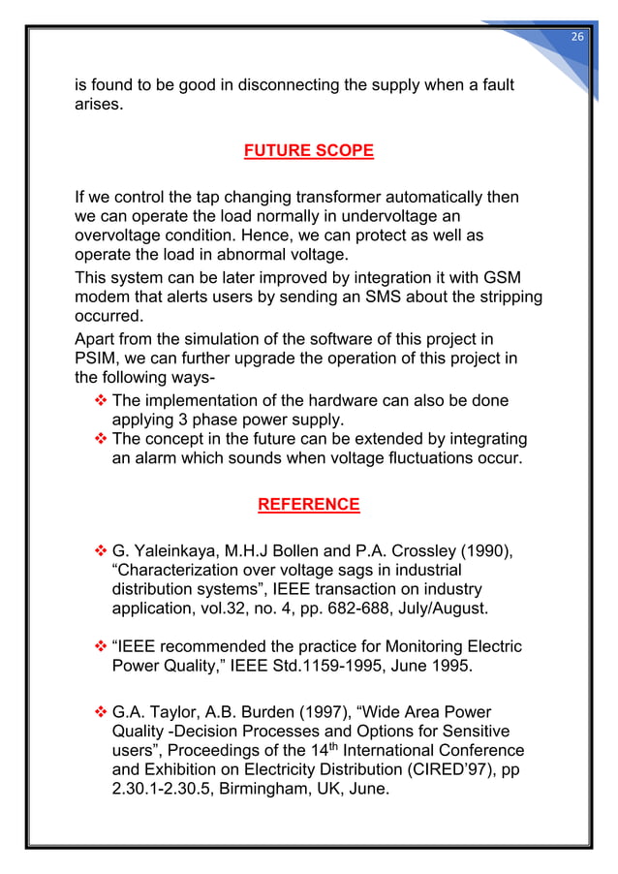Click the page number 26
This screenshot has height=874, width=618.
(x=576, y=36)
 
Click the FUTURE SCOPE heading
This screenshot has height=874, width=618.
(x=308, y=151)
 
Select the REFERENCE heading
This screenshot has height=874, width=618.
(x=308, y=505)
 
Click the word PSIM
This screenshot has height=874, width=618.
(x=97, y=359)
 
